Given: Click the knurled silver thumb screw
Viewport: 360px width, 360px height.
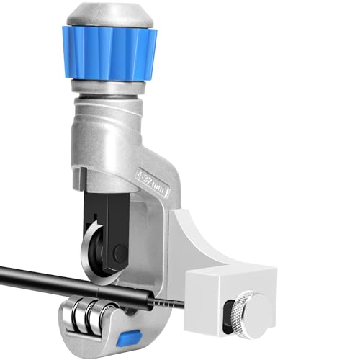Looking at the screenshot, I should pos(254,309).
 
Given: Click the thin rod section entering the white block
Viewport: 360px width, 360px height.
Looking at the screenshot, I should pos(173,304).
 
